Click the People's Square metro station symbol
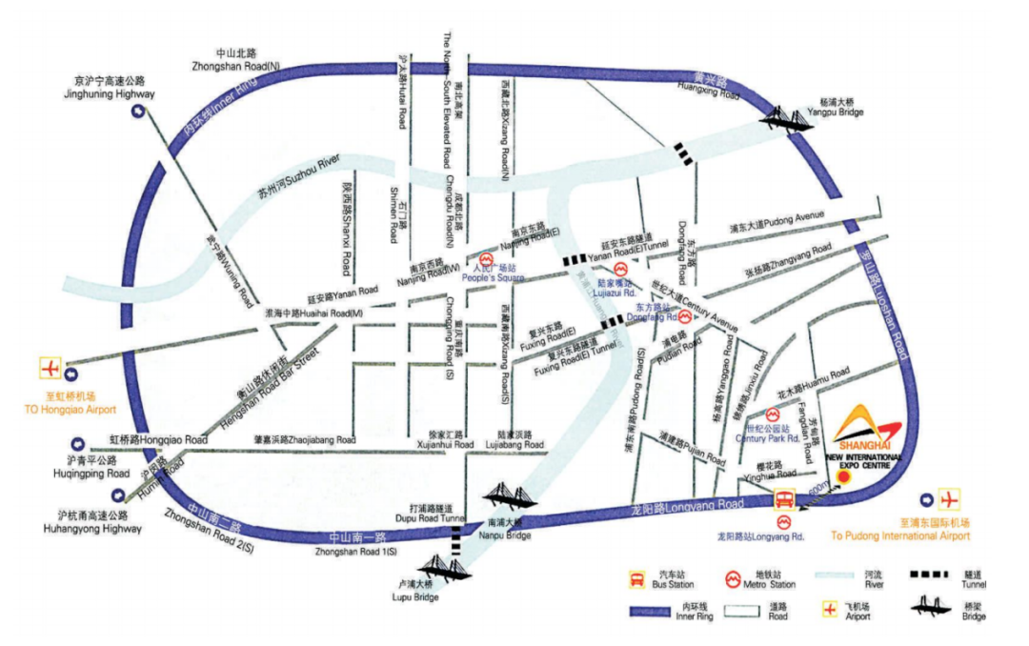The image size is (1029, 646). pyautogui.click(x=486, y=259)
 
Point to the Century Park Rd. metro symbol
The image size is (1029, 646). pyautogui.click(x=772, y=415)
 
